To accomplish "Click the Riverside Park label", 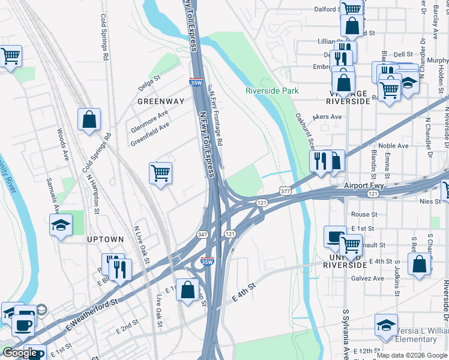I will click(x=272, y=91).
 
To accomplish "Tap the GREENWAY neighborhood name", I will click(x=160, y=101).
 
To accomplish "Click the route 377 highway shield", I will click(x=285, y=191).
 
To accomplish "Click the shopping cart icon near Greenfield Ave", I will click(x=160, y=173).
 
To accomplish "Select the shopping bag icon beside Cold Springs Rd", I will click(x=89, y=119).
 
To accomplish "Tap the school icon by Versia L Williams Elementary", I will click(x=386, y=326).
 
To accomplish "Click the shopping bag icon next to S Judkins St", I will click(x=419, y=264).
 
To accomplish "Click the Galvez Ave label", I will click(x=369, y=278).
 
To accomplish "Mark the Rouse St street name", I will click(x=364, y=214).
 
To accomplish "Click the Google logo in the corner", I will click(x=20, y=353).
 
